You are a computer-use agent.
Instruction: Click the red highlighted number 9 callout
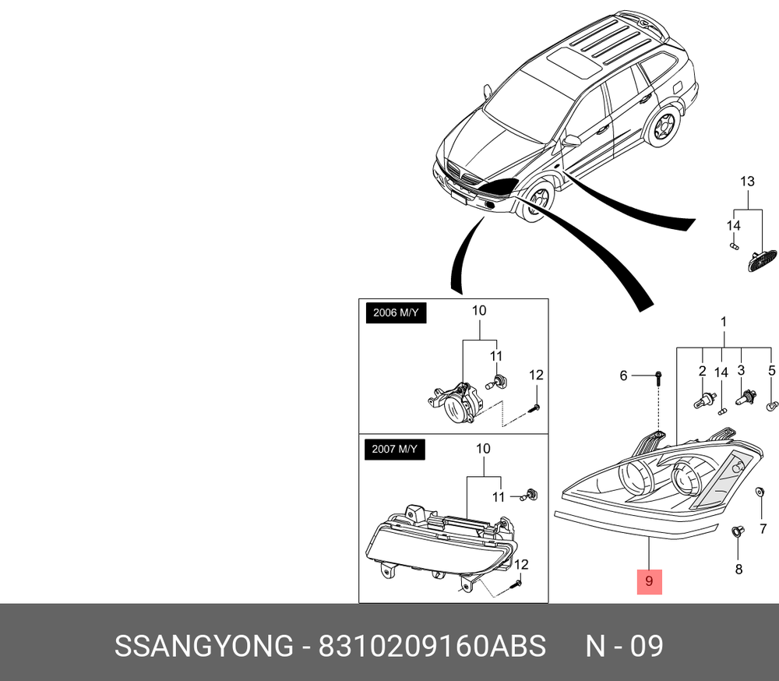pyautogui.click(x=650, y=581)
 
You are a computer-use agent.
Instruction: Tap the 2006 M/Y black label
pyautogui.click(x=396, y=312)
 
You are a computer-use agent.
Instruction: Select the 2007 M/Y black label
pyautogui.click(x=395, y=450)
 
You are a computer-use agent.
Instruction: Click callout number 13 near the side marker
pyautogui.click(x=747, y=182)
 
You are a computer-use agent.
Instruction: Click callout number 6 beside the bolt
pyautogui.click(x=623, y=376)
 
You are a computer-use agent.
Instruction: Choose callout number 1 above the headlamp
pyautogui.click(x=724, y=322)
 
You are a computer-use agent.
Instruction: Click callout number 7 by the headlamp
pyautogui.click(x=763, y=529)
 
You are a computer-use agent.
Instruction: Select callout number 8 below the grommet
pyautogui.click(x=738, y=569)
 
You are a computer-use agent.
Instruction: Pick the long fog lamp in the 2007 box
pyautogui.click(x=441, y=545)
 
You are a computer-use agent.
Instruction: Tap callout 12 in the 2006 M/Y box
pyautogui.click(x=536, y=375)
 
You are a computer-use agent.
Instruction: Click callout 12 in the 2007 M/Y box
pyautogui.click(x=520, y=565)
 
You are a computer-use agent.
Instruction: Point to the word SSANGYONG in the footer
pyautogui.click(x=204, y=646)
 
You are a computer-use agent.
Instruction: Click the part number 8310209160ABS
pyautogui.click(x=432, y=646)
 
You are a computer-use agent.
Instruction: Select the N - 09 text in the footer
pyautogui.click(x=625, y=646)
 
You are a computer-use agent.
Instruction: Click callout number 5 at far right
pyautogui.click(x=771, y=370)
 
